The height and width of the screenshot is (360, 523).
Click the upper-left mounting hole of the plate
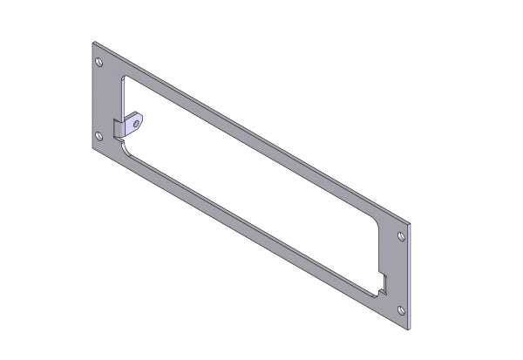click(x=98, y=64)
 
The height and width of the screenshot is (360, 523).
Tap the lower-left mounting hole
click(x=98, y=134)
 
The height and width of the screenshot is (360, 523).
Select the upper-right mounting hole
click(x=401, y=236)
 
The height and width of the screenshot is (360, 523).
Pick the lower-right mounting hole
click(x=400, y=308)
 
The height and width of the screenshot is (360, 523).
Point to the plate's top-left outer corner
click(x=92, y=41)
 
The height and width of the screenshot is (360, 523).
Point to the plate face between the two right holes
click(x=397, y=272)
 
